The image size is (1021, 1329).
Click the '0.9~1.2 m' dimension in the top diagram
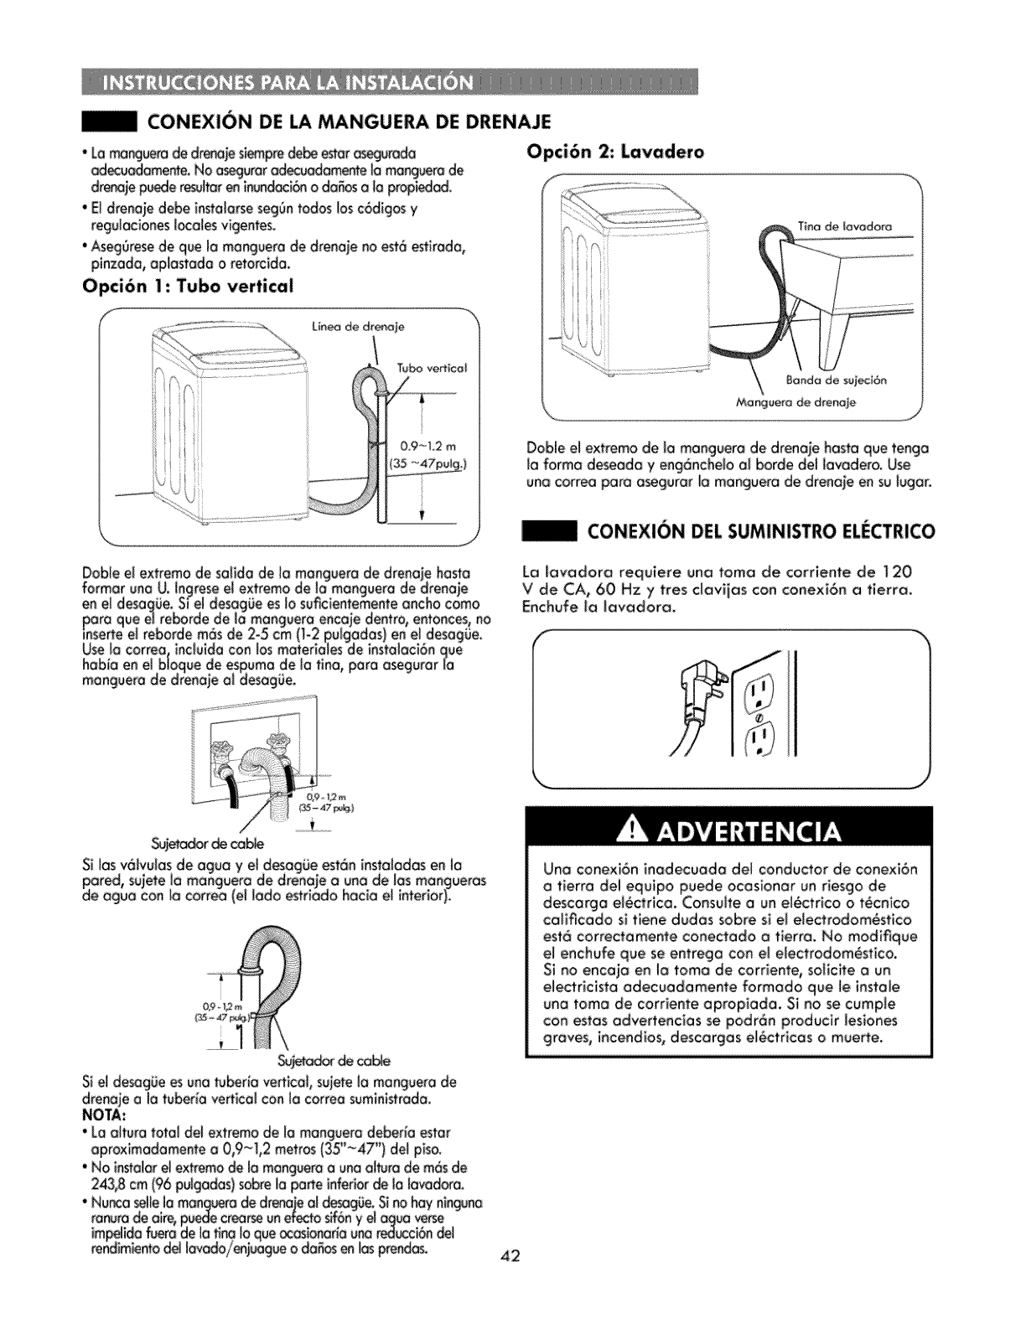[x=426, y=444]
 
